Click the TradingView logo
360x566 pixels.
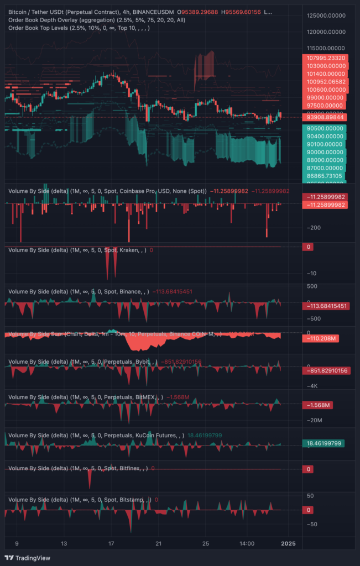[x=26, y=557]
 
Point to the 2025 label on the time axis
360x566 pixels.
[x=288, y=543]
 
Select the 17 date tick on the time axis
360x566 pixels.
[x=111, y=543]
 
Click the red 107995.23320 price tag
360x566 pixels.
[x=325, y=58]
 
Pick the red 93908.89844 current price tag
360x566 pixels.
[x=325, y=117]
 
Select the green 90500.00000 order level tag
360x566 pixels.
[x=325, y=128]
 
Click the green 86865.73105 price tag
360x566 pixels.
[x=325, y=175]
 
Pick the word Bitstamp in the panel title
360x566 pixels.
[x=132, y=500]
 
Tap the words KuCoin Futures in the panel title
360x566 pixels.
[x=157, y=436]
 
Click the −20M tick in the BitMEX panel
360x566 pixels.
[x=312, y=421]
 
